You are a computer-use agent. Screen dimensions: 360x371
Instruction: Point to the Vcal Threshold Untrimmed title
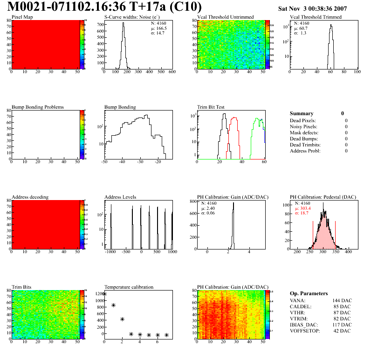225,17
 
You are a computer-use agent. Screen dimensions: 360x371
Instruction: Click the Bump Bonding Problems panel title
38,107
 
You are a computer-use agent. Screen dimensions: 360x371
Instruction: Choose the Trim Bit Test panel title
211,107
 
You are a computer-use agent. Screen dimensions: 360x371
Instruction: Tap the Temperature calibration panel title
129,287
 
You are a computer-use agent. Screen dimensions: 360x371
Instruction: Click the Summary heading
302,113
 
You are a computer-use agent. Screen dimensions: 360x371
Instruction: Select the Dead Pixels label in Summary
303,120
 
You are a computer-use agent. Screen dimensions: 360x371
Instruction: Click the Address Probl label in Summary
305,151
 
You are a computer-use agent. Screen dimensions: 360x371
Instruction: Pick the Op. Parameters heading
309,293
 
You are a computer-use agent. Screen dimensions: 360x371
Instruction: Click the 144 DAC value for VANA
343,300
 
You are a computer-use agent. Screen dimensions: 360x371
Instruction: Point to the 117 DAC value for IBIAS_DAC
343,325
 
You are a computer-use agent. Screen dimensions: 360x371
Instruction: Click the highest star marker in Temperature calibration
104,294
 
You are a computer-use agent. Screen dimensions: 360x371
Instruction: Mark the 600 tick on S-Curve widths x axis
172,72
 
